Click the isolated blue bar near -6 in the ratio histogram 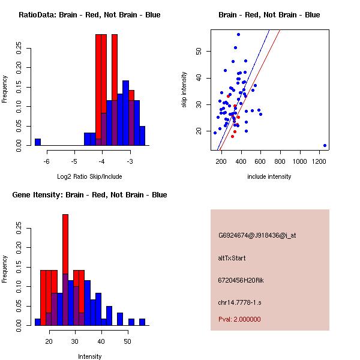click(x=38, y=142)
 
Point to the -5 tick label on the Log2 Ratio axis click(x=74, y=161)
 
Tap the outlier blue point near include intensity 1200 click(x=325, y=145)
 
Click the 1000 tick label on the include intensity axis click(x=300, y=161)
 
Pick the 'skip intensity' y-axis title click(x=184, y=90)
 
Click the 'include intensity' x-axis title click(x=269, y=176)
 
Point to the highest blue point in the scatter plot click(x=238, y=35)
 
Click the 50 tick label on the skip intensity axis click(x=199, y=52)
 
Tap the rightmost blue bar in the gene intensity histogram click(x=142, y=322)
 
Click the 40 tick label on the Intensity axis click(x=101, y=341)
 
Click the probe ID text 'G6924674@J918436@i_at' click(x=257, y=235)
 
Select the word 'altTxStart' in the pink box click(x=232, y=258)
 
